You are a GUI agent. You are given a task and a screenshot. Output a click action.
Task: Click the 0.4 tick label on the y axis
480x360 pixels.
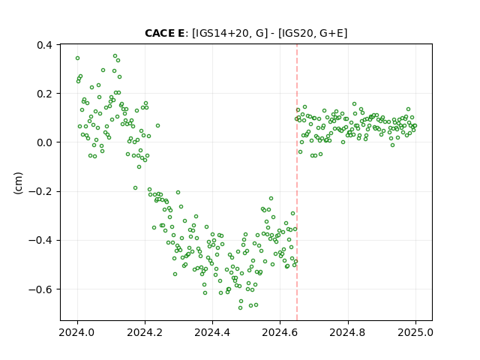click(44, 45)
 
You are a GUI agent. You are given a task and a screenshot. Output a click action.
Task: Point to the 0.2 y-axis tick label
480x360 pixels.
click(44, 94)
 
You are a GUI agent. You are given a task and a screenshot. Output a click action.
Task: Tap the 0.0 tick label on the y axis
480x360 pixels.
click(44, 142)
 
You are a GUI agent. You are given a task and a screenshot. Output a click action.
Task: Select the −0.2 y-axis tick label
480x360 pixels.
click(40, 192)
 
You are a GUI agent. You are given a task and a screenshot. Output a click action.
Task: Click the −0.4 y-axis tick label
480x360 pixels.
click(40, 241)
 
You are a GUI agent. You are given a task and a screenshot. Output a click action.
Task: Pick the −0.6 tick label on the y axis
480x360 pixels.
click(40, 289)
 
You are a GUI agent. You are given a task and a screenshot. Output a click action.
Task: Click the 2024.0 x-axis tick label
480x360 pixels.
click(77, 332)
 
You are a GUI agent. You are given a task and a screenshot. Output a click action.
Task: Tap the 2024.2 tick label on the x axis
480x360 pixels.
click(145, 332)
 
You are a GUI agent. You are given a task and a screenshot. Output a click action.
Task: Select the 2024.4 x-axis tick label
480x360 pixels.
click(212, 332)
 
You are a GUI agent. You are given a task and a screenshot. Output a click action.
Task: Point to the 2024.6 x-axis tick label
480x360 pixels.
click(280, 332)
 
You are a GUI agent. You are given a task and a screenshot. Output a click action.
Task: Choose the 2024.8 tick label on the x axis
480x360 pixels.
click(348, 332)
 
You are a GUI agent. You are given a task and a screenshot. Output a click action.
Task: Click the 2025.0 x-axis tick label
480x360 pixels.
click(415, 332)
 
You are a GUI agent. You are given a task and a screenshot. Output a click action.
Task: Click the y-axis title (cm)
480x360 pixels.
click(18, 183)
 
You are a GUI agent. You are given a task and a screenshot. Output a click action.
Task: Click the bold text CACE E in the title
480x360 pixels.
click(165, 33)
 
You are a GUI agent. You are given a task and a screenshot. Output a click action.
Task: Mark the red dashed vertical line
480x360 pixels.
click(297, 182)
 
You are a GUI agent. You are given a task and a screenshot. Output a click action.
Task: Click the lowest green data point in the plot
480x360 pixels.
click(240, 307)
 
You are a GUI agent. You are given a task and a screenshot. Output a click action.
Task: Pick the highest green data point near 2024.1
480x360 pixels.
click(115, 56)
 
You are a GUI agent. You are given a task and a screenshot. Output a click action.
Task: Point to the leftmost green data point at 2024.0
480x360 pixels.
click(78, 58)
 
